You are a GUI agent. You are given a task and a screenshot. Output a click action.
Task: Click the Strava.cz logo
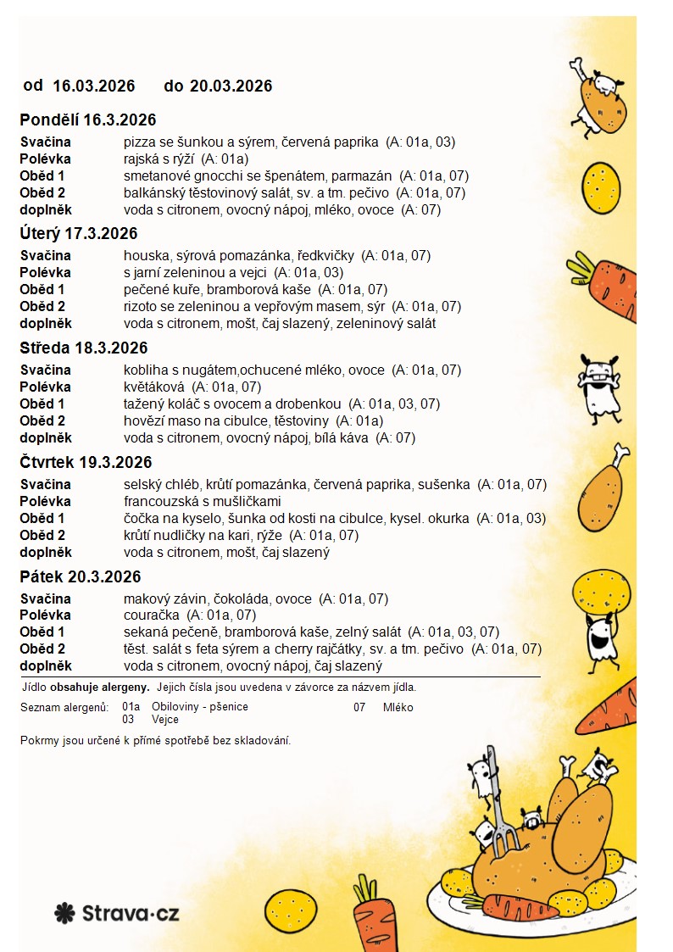[116, 913]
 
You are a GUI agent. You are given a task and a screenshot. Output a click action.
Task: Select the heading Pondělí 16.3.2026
[88, 120]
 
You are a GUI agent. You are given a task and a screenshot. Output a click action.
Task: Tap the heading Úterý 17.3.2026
[79, 234]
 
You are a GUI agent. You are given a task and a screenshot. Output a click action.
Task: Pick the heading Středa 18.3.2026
[84, 348]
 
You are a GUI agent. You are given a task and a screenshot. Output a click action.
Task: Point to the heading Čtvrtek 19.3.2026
[86, 463]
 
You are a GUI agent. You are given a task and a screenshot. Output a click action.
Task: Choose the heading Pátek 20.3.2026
[81, 577]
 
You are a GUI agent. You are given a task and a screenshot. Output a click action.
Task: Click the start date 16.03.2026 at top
[94, 86]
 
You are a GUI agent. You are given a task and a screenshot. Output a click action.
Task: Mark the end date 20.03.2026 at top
[231, 86]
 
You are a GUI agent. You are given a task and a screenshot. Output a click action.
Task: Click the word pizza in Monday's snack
[138, 142]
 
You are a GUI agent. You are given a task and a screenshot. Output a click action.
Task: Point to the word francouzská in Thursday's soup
[161, 502]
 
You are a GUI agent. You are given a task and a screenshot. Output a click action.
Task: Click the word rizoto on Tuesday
[142, 307]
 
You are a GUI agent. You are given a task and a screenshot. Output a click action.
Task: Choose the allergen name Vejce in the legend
[164, 719]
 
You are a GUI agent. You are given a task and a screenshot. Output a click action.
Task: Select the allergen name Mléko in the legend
[398, 707]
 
